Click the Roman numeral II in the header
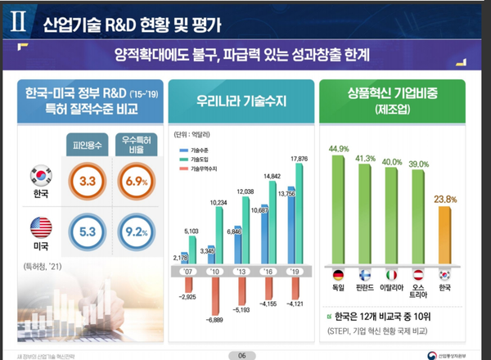pos(18,21)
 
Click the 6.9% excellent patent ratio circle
pos(133,180)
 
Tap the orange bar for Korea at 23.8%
pos(445,233)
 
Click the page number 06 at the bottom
pos(241,354)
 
